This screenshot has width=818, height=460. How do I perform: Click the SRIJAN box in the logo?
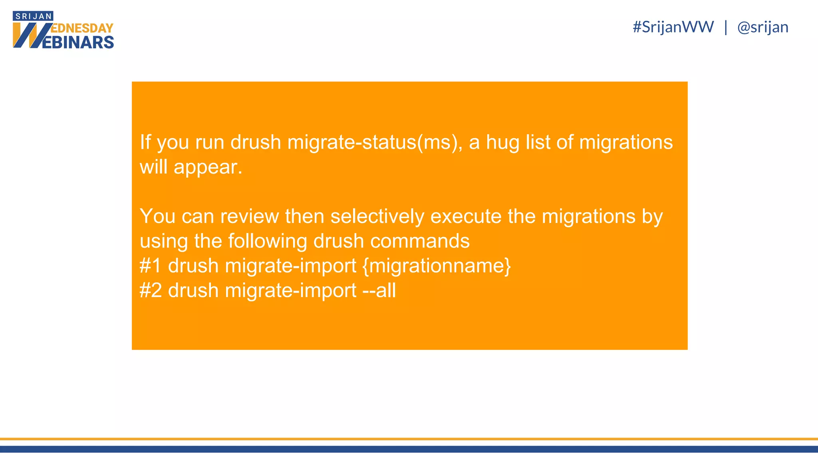click(33, 16)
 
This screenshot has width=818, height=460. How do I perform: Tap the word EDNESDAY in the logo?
click(82, 28)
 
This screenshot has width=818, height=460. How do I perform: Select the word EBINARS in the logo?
click(77, 42)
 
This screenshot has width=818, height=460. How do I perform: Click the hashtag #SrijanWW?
click(673, 27)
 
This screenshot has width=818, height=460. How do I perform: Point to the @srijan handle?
click(762, 27)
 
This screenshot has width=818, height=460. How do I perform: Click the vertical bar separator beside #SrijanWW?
click(725, 27)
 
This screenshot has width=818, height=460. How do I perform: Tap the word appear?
click(208, 167)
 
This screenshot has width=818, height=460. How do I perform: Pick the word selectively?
click(377, 216)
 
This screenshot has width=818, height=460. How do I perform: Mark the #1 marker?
click(151, 266)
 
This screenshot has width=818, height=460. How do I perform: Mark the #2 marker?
click(151, 290)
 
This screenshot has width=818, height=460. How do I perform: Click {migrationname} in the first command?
click(437, 266)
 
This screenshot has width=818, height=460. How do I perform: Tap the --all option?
click(379, 290)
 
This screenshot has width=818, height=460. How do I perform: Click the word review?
click(249, 216)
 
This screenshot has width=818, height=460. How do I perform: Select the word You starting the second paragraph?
click(157, 216)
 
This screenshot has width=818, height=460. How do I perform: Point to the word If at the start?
click(145, 143)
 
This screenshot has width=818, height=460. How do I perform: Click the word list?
click(538, 143)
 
